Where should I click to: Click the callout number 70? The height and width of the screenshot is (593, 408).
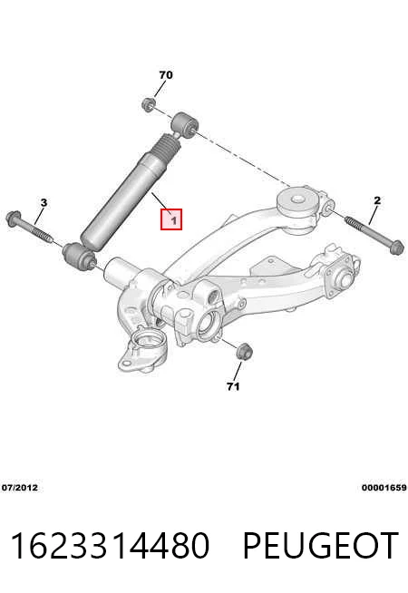166,75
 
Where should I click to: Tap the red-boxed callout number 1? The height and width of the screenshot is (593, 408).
171,219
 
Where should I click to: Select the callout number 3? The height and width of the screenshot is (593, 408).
44,202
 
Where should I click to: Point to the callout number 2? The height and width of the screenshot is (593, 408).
377,200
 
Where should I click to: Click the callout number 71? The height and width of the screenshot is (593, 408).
233,386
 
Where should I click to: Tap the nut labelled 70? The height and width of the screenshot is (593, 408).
149,104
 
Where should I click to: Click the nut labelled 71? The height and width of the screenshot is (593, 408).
244,351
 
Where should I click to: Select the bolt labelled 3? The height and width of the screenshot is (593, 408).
30,228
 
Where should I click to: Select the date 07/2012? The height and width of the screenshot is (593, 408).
20,488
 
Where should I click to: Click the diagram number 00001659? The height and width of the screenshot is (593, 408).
384,488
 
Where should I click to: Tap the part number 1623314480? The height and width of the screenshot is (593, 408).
110,545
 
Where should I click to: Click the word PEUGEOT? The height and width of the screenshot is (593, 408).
320,545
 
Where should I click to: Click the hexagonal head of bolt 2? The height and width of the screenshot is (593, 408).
397,248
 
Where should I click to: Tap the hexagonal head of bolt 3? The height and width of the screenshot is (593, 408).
14,218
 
